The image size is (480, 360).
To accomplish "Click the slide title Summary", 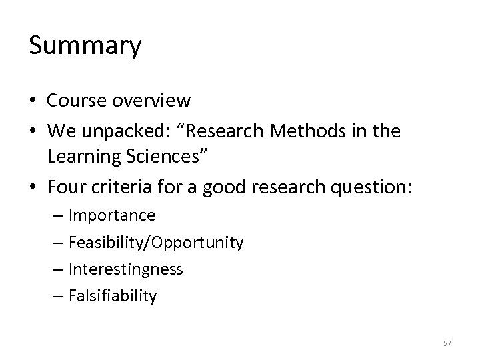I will (85, 47).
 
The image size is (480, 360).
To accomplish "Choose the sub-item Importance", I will (112, 215).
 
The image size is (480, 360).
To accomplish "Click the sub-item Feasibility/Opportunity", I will (155, 243).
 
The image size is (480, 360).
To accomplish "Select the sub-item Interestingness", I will (125, 269).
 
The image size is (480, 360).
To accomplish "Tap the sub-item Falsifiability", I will (113, 296).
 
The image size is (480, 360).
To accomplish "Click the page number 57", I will (446, 343).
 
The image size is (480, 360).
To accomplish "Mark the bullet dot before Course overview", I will (33, 101).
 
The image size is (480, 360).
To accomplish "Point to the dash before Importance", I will (59, 216).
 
